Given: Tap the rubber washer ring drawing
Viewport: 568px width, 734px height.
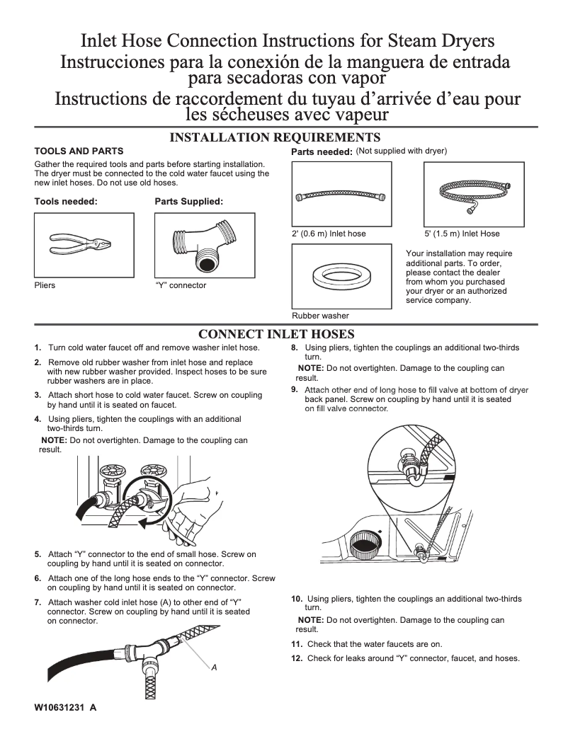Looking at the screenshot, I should click(x=339, y=275).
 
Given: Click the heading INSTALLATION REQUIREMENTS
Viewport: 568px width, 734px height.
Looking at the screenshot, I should click(x=276, y=137).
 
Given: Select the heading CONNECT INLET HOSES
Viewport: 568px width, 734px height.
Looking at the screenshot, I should click(x=276, y=334).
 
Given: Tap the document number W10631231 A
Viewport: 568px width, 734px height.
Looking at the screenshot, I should click(x=64, y=708).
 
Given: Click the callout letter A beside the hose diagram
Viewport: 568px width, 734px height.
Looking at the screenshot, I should click(x=214, y=667).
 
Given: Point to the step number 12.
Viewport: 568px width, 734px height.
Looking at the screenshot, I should click(x=297, y=658).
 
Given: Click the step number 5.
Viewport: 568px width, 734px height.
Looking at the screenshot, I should click(x=38, y=554).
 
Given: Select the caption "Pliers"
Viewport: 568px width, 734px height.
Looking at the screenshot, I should click(x=45, y=285).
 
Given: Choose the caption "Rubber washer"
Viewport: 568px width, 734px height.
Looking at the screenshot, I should click(x=320, y=316).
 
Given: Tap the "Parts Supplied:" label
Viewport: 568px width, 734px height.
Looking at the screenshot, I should click(x=188, y=202).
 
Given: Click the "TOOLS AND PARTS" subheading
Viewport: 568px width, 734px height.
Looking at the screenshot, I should click(x=79, y=151).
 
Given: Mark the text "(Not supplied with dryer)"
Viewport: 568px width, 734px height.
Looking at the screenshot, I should click(x=401, y=151).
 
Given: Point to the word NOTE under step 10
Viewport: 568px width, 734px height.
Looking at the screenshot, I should click(x=311, y=620).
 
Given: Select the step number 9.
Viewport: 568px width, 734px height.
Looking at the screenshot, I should click(x=295, y=389).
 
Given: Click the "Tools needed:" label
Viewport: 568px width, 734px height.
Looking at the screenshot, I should click(x=66, y=202).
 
